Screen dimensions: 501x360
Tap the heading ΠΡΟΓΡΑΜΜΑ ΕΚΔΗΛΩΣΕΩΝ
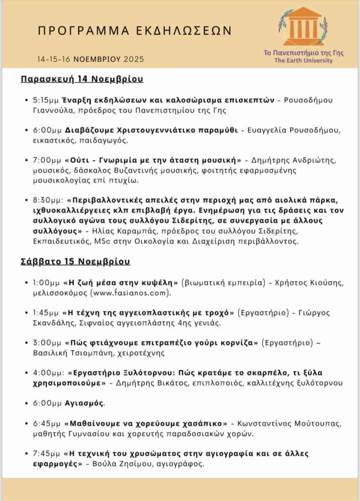tap(135, 31)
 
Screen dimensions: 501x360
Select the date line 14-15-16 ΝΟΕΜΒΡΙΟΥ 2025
tap(90, 59)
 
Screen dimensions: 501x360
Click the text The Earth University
tap(303, 61)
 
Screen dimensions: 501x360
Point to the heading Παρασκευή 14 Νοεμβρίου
tap(82, 79)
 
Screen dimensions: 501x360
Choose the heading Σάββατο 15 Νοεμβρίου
tap(75, 262)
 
